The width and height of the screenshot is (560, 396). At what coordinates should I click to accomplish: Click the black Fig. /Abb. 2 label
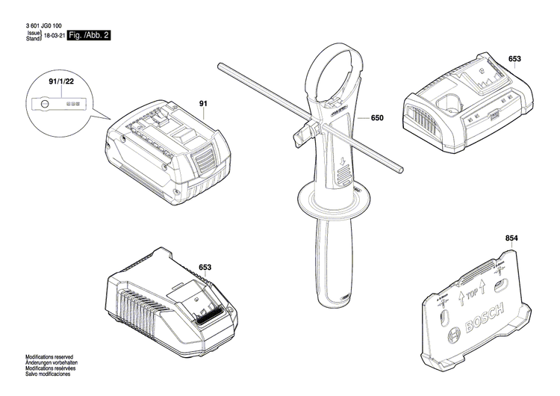pyautogui.click(x=88, y=35)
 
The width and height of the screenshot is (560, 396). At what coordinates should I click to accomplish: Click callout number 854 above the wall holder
pyautogui.click(x=511, y=238)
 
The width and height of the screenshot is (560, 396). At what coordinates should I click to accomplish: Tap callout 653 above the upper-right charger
pyautogui.click(x=515, y=58)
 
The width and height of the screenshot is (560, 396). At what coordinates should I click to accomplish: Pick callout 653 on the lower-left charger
pyautogui.click(x=205, y=267)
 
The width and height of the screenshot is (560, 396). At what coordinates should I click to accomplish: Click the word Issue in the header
pyautogui.click(x=33, y=33)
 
